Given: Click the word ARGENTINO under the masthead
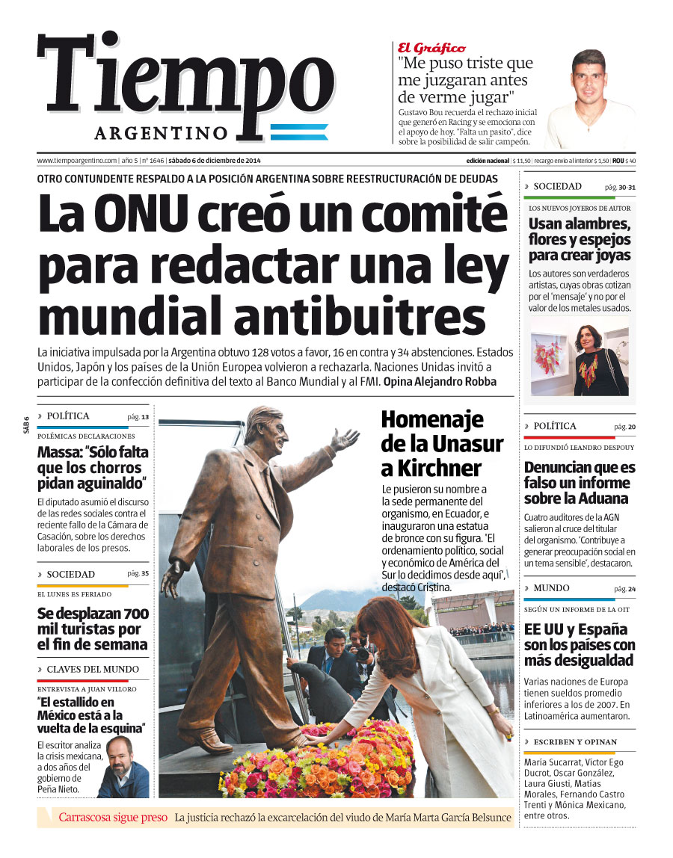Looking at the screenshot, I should click(x=161, y=133).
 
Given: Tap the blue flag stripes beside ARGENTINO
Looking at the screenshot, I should click(x=299, y=132).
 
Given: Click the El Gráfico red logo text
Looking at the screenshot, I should click(x=431, y=47).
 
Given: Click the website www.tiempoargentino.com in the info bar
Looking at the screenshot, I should click(x=77, y=161).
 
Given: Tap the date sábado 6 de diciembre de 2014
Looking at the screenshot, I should click(x=214, y=161).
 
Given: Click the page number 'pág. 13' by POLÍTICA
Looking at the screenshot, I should click(x=138, y=417).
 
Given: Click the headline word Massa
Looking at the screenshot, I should click(x=59, y=453).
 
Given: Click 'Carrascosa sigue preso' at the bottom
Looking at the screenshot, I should click(x=113, y=817).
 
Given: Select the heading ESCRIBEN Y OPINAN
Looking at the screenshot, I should click(x=575, y=741).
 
